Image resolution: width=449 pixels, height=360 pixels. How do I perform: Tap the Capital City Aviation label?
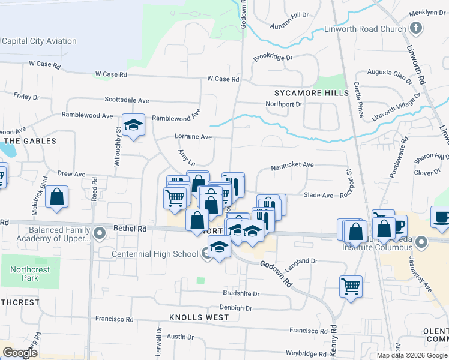point(39,41)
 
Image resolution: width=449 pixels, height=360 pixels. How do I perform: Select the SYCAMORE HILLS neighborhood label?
point(311,93)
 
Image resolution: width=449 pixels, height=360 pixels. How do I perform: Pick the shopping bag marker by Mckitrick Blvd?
point(56,197)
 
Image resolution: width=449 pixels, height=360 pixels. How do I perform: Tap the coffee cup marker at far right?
point(442,217)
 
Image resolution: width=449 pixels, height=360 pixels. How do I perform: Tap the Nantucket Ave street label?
point(292,164)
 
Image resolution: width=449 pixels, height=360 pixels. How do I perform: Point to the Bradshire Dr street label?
point(241,294)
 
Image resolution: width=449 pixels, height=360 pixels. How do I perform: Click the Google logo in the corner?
point(20,353)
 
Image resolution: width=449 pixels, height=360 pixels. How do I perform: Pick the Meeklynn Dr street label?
point(427,12)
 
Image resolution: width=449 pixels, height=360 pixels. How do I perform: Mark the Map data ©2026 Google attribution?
point(411,355)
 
